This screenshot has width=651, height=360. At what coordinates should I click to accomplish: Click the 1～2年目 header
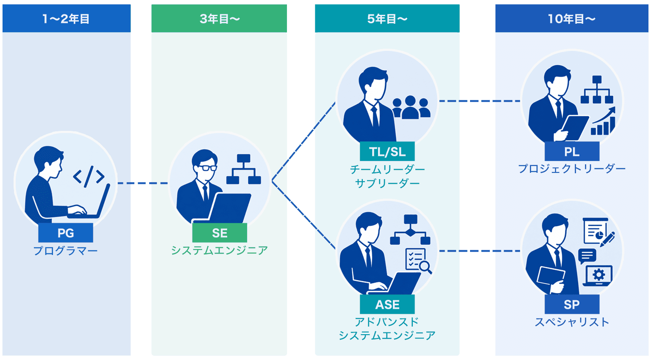[67, 18]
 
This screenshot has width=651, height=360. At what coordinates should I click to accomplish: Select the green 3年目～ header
[219, 18]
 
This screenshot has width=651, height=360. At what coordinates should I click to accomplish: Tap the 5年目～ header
[387, 18]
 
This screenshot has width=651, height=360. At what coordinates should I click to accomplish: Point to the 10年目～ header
[572, 18]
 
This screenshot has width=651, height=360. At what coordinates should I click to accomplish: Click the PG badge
[66, 233]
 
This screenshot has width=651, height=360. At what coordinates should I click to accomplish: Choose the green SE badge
[220, 233]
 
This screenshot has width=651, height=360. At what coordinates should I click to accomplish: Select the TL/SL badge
[387, 151]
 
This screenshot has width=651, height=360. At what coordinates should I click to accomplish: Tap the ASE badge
[387, 304]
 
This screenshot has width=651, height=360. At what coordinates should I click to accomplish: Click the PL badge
[572, 151]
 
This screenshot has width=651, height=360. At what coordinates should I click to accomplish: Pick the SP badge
[572, 304]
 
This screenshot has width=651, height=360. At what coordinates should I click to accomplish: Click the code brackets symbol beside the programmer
[89, 177]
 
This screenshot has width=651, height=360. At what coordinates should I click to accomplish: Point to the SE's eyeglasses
[206, 168]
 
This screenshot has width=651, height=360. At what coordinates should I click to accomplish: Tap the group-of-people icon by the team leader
[411, 108]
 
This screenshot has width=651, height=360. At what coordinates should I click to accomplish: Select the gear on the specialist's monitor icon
[599, 274]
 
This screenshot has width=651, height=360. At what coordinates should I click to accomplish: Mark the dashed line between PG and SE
[143, 183]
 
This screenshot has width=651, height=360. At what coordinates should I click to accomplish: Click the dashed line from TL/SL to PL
[479, 101]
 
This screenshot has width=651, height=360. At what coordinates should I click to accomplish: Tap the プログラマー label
[66, 251]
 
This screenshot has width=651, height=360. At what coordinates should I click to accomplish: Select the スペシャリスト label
[572, 322]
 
